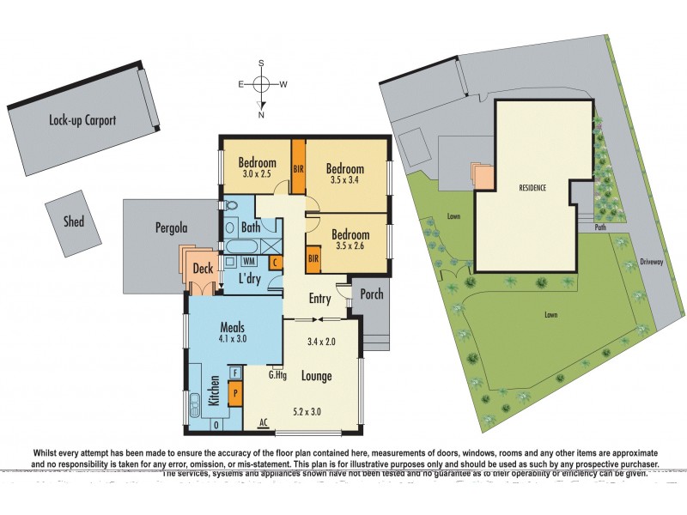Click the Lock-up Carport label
point(82,121)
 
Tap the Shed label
point(74,221)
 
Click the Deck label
point(203,269)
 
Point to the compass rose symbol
point(262,84)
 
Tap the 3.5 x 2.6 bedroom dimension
point(350,248)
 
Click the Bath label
point(251,227)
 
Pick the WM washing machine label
point(249,261)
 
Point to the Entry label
point(319,299)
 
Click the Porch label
point(371,295)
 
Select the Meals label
point(233,327)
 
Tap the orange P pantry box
point(236,392)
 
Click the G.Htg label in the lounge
point(277,373)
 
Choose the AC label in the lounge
point(267,422)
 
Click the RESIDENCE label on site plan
point(532,187)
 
